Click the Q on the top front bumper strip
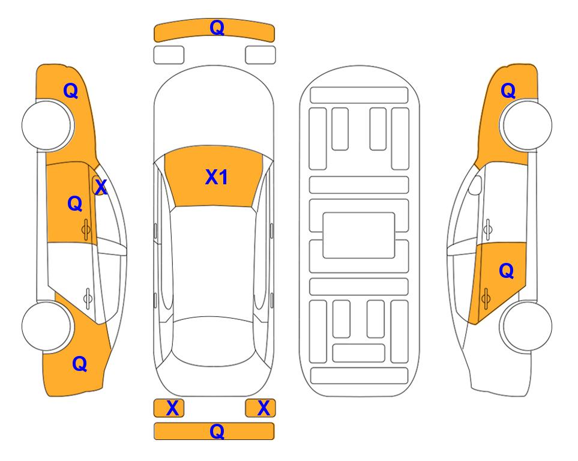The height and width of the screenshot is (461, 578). click(217, 27)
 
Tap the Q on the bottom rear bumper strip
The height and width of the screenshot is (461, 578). click(217, 431)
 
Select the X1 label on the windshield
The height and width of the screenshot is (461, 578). click(217, 177)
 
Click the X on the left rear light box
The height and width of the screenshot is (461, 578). click(172, 408)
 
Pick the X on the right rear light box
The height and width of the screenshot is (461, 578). click(263, 408)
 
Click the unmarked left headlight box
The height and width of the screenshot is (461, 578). click(169, 55)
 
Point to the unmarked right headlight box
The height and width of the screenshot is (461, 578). click(260, 55)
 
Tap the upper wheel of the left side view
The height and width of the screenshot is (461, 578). click(46, 125)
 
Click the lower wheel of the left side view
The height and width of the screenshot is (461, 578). click(46, 327)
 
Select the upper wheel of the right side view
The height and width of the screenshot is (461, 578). click(527, 125)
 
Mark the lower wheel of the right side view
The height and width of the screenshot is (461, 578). click(527, 327)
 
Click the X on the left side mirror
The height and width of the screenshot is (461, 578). click(101, 187)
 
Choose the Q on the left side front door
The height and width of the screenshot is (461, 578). click(75, 203)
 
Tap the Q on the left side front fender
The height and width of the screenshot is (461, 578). click(71, 91)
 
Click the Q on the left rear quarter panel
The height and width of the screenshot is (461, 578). click(80, 364)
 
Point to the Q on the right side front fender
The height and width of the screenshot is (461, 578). click(508, 91)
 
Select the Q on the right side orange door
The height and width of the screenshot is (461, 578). click(506, 271)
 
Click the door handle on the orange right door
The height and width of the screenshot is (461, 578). click(486, 298)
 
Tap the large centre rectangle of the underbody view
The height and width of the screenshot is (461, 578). click(359, 235)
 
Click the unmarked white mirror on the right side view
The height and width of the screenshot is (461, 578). click(475, 185)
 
